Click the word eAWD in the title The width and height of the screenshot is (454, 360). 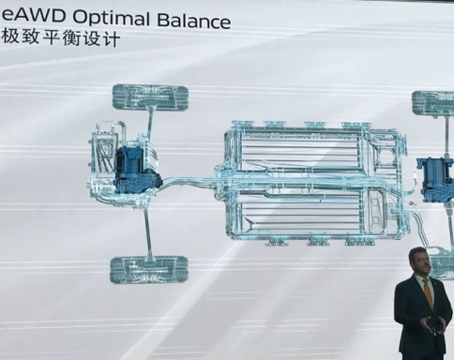[33, 16]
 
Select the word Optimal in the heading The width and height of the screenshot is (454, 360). [112, 18]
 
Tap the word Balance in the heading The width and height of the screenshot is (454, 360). [194, 20]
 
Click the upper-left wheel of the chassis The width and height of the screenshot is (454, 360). [150, 97]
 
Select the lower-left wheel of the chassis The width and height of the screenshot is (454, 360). [149, 270]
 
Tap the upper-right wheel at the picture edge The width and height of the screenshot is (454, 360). [433, 104]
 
